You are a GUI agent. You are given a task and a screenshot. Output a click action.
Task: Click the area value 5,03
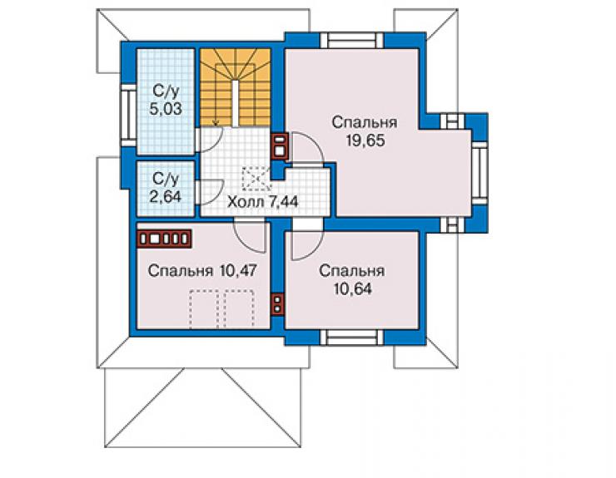click(166, 109)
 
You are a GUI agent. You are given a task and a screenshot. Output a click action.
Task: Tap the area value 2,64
click(166, 196)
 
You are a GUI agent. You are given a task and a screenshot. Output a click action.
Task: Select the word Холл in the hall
click(246, 202)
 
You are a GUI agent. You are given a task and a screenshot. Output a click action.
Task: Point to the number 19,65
click(365, 140)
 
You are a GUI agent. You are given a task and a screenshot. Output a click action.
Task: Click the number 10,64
click(352, 288)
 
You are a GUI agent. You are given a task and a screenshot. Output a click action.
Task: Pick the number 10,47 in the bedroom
click(238, 271)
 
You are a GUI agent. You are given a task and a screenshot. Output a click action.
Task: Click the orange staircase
click(235, 87)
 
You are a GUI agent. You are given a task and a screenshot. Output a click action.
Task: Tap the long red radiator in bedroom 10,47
click(164, 239)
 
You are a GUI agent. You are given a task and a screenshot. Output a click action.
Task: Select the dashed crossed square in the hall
click(256, 179)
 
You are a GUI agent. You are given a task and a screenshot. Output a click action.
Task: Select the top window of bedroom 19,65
click(351, 40)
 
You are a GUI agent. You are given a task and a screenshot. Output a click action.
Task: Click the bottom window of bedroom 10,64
click(351, 338)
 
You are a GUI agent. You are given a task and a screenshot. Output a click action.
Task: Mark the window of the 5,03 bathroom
click(127, 116)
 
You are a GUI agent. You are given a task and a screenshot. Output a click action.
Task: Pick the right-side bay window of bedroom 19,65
click(479, 173)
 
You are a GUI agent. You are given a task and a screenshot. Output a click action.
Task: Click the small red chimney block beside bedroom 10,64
click(277, 304)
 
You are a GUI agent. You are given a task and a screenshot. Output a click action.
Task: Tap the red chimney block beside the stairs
click(280, 145)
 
